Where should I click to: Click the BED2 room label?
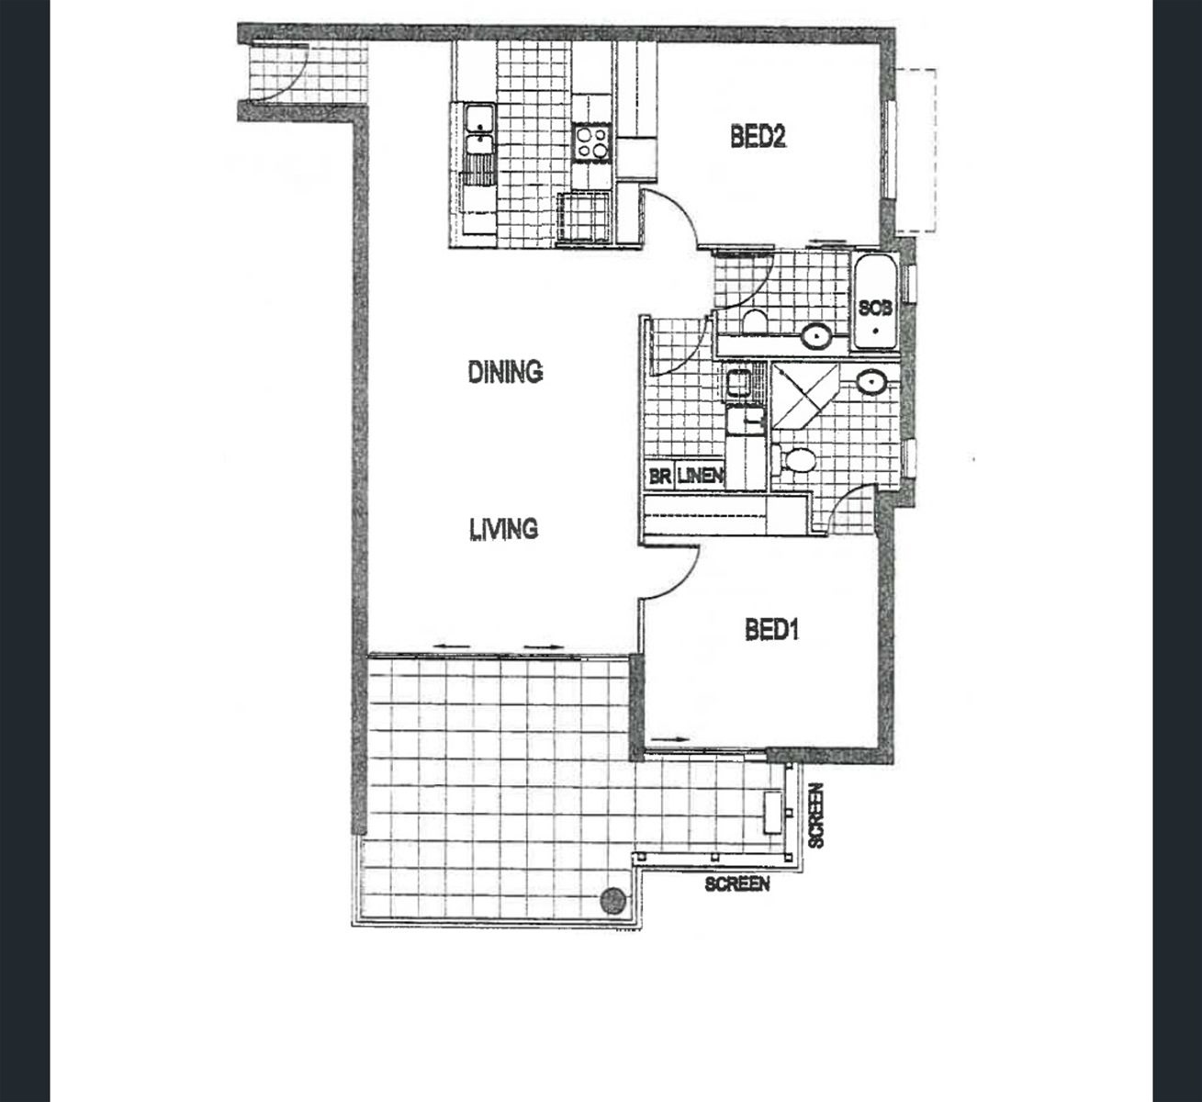pyautogui.click(x=758, y=137)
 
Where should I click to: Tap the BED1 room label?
pyautogui.click(x=771, y=630)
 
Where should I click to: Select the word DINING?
pyautogui.click(x=505, y=372)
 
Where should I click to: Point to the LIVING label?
pyautogui.click(x=503, y=529)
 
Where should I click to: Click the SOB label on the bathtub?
pyautogui.click(x=875, y=308)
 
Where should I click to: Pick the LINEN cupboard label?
pyautogui.click(x=700, y=477)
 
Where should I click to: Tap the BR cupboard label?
pyautogui.click(x=659, y=477)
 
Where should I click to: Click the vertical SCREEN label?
pyautogui.click(x=815, y=815)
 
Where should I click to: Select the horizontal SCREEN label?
pyautogui.click(x=737, y=883)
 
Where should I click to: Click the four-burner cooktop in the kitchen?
pyautogui.click(x=592, y=142)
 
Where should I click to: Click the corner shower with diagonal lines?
pyautogui.click(x=804, y=396)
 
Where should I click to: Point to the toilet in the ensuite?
pyautogui.click(x=794, y=460)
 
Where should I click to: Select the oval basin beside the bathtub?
pyautogui.click(x=815, y=336)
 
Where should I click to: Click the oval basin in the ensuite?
pyautogui.click(x=871, y=382)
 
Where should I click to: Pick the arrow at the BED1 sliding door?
pyautogui.click(x=670, y=739)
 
